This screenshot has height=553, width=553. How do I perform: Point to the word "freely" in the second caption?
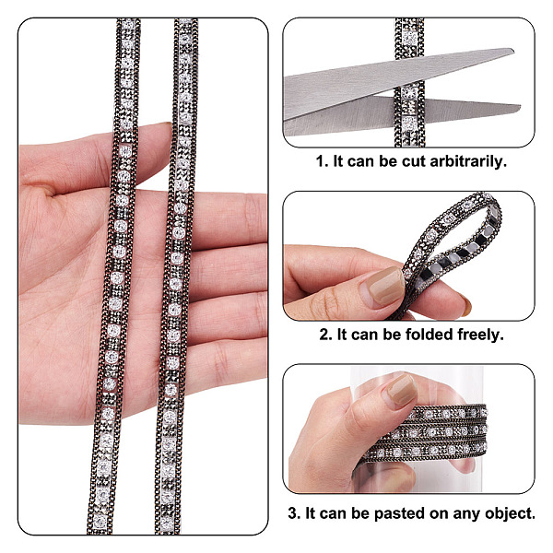[479, 335]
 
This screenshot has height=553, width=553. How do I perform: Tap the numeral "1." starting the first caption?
[323, 161]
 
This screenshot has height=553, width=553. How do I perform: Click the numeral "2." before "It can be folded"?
[326, 335]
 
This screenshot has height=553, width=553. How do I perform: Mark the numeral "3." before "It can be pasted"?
[294, 513]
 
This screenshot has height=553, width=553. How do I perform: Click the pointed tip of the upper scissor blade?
[513, 51]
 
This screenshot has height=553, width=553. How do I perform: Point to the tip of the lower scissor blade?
[521, 106]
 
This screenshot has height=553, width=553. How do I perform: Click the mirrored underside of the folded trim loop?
[465, 251]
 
